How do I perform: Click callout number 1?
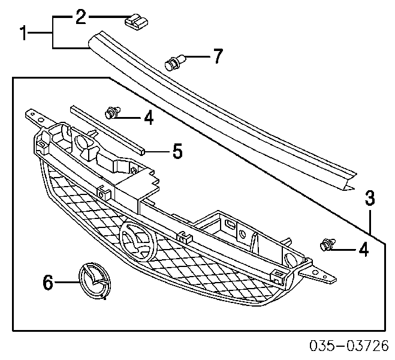pyautogui.click(x=23, y=33)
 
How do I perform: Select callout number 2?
pyautogui.click(x=81, y=17)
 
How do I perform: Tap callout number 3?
pyautogui.click(x=370, y=199)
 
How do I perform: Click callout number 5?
pyautogui.click(x=177, y=151)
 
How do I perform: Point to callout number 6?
pyautogui.click(x=48, y=283)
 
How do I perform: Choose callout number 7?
pyautogui.click(x=218, y=56)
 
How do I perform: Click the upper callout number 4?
pyautogui.click(x=149, y=118)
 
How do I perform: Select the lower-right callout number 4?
pyautogui.click(x=363, y=250)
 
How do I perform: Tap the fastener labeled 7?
pyautogui.click(x=174, y=62)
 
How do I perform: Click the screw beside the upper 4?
pyautogui.click(x=112, y=112)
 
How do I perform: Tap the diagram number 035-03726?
pyautogui.click(x=349, y=346)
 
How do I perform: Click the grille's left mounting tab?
pyautogui.click(x=35, y=116)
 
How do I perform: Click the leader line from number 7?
pyautogui.click(x=198, y=57)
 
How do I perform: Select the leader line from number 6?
pyautogui.click(x=67, y=282)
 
